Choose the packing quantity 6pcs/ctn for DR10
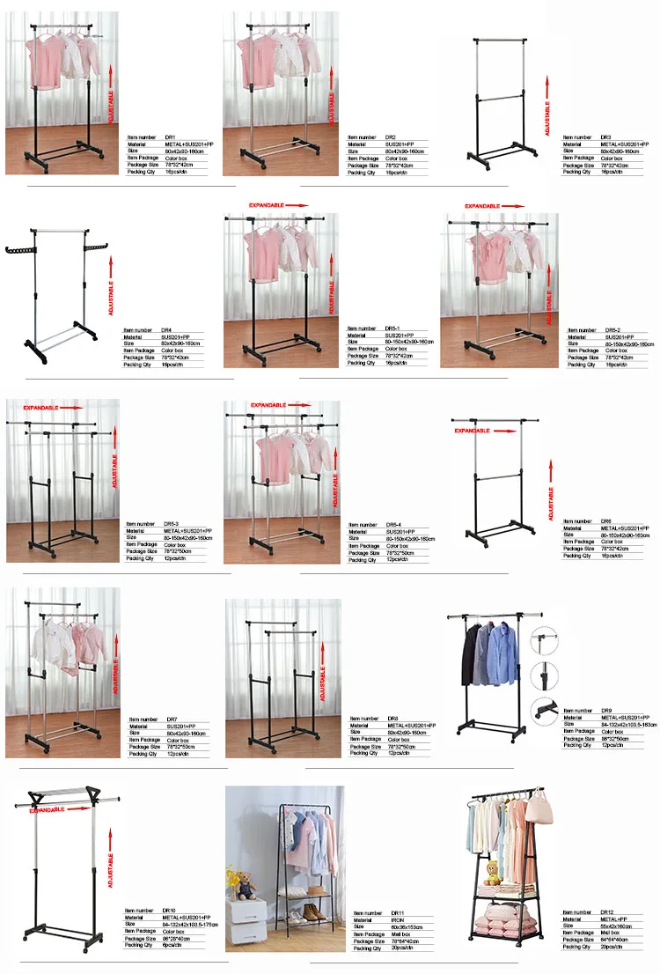tap(168, 945)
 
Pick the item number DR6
tap(606, 521)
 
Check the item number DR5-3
tap(170, 524)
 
